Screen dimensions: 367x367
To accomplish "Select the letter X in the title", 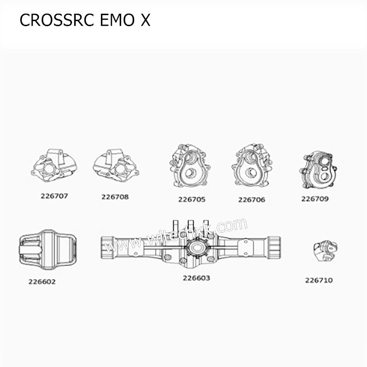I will pos(145,21).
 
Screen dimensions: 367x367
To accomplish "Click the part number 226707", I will pos(54,195).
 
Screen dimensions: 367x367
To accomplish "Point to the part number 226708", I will pos(115,197).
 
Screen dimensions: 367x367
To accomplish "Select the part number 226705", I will pos(192,200).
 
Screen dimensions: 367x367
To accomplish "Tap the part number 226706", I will pos(251,200).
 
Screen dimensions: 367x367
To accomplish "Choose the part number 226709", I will pos(315,199).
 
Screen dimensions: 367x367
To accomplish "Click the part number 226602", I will pos(42,282).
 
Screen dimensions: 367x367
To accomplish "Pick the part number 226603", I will pos(196,278).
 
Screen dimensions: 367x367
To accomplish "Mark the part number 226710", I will pos(319,280).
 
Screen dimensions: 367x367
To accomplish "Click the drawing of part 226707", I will pos(54,165).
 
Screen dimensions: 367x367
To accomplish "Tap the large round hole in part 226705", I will pos(189,173).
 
